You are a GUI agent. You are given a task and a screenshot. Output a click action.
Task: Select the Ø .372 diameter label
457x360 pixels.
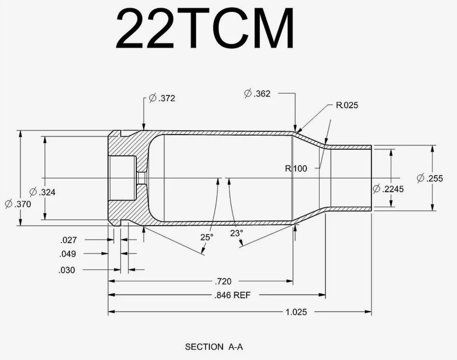pos(162,98)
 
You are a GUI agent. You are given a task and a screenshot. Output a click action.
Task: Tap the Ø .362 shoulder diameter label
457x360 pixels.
pos(257,93)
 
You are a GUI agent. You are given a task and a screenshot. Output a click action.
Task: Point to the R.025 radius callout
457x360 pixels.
pos(347,105)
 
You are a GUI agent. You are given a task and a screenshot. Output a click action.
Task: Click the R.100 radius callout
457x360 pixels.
pos(296,168)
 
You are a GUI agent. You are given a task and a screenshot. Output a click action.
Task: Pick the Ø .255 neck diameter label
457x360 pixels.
pos(430,178)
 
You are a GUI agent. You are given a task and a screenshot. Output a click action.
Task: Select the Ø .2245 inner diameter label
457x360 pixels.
pos(388,189)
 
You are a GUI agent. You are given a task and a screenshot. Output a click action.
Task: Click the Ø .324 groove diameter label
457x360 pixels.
pos(42,192)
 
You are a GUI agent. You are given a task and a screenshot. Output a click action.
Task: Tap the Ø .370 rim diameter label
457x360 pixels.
pos(18,204)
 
